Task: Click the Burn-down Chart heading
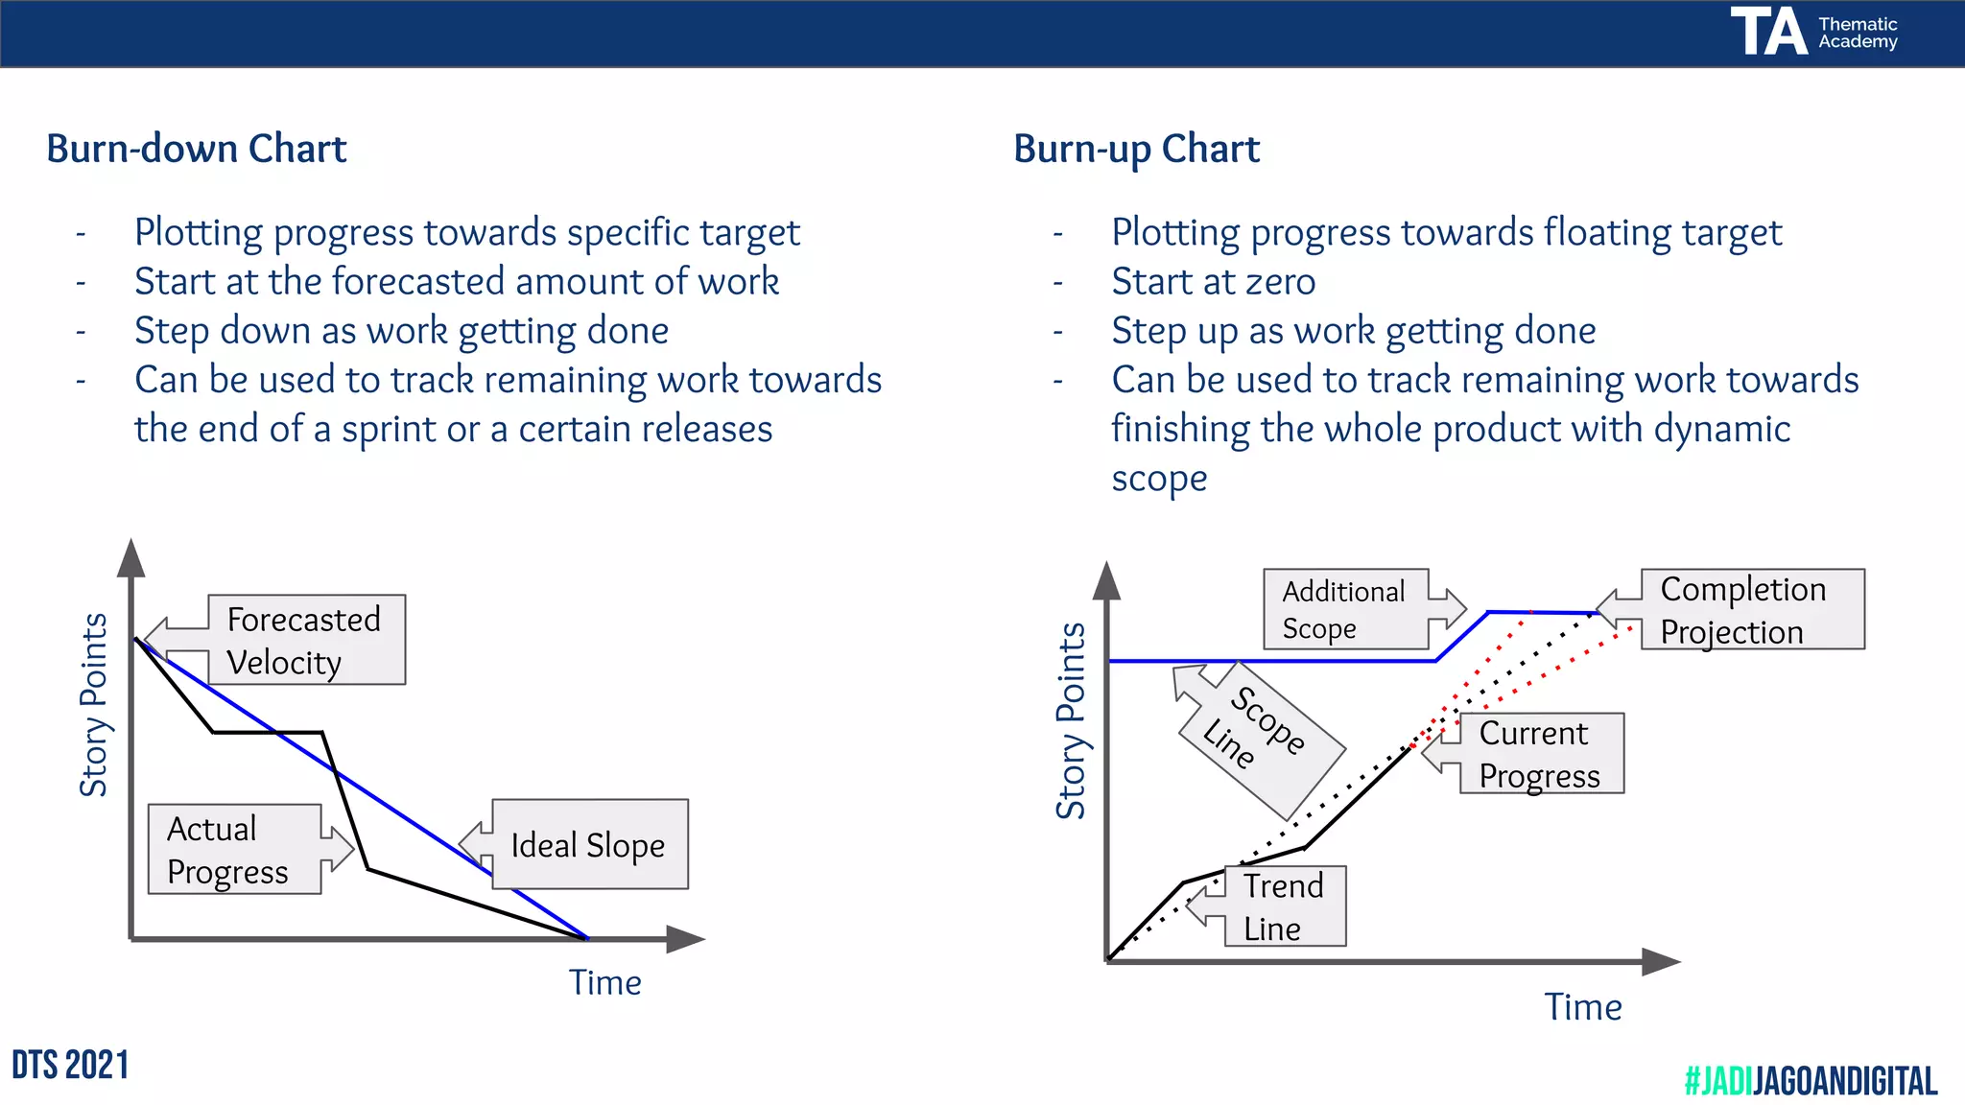click(196, 150)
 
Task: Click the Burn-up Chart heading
click(1136, 150)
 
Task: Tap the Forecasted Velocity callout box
click(305, 640)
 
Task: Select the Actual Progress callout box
click(234, 850)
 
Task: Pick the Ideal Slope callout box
click(589, 845)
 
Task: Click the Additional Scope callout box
click(1345, 609)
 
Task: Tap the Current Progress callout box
click(1540, 754)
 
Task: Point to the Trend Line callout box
click(1284, 906)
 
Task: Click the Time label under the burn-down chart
click(604, 983)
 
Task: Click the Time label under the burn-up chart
click(1582, 1007)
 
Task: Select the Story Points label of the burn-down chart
click(94, 705)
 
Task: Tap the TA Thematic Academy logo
click(1813, 32)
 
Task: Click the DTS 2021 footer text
click(70, 1066)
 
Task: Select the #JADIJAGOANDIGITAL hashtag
click(1810, 1081)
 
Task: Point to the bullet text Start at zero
click(1213, 282)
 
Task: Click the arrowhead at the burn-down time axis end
click(686, 939)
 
